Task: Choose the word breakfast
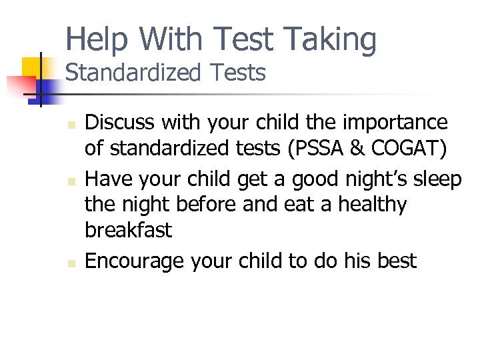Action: (x=129, y=230)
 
